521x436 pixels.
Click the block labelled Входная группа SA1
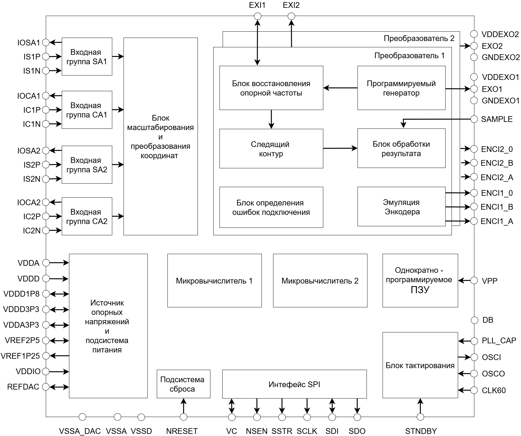click(x=87, y=57)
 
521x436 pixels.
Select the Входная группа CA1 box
click(x=87, y=110)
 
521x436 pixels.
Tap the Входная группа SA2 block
click(x=87, y=165)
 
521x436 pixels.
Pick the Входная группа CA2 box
click(x=87, y=216)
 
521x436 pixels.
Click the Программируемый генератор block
click(x=401, y=88)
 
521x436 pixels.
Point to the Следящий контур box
click(x=271, y=149)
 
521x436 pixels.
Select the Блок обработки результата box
click(x=401, y=148)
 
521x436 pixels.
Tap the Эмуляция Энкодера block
click(x=401, y=207)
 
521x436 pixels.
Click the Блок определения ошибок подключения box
click(x=271, y=207)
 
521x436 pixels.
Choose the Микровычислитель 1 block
click(x=215, y=281)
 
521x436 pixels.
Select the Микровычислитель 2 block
click(x=320, y=281)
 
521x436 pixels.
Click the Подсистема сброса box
click(x=183, y=384)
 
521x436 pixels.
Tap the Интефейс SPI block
click(x=294, y=384)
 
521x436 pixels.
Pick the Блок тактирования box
click(x=420, y=365)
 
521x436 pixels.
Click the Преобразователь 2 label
click(x=419, y=39)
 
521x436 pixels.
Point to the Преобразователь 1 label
click(x=409, y=56)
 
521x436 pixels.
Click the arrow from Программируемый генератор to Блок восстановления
click(x=340, y=88)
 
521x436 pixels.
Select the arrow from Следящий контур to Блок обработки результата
click(x=340, y=148)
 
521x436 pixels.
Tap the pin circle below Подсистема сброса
click(x=184, y=417)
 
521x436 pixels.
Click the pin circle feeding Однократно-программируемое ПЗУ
click(x=474, y=280)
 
